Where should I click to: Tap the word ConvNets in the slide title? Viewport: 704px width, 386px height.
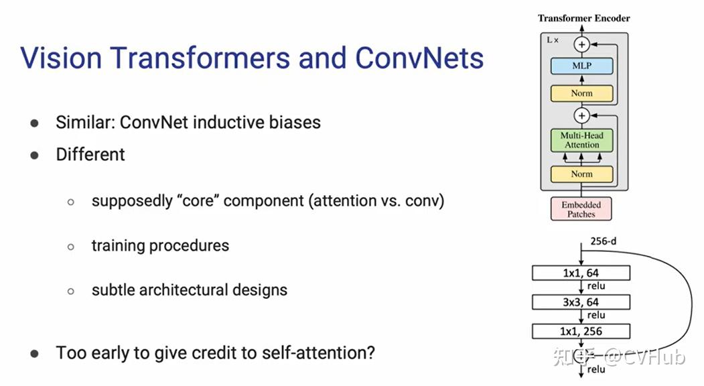[419, 58]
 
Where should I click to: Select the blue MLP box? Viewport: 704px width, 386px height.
[581, 66]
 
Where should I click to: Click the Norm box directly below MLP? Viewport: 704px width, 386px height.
[581, 93]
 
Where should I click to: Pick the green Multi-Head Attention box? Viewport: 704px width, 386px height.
[581, 139]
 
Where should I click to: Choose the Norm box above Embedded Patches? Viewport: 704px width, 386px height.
[581, 174]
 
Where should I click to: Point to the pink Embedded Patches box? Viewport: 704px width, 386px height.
[581, 209]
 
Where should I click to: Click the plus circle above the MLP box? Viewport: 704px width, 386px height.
[582, 44]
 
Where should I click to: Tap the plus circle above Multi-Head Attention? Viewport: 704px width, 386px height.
[582, 115]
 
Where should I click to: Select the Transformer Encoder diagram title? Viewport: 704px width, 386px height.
[583, 18]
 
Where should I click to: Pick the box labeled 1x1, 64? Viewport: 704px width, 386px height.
[581, 273]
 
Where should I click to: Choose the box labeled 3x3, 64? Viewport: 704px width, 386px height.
[581, 302]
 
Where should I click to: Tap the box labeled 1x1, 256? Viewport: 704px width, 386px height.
[581, 331]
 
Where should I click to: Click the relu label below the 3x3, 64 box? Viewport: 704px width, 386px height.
[595, 316]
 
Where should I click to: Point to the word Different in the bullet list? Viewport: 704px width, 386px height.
[90, 154]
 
